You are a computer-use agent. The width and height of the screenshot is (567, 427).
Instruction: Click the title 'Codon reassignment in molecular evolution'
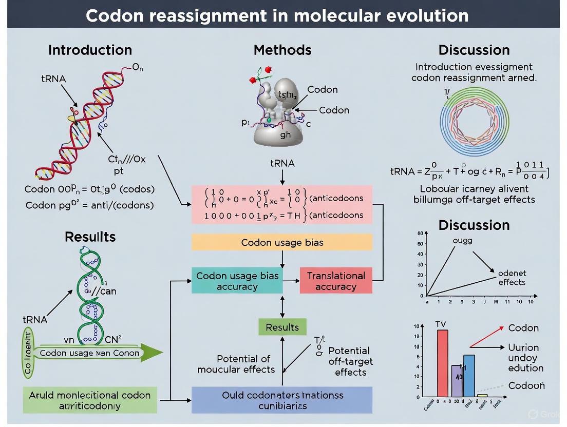coord(277,15)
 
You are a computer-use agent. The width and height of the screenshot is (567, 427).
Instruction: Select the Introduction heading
coord(90,50)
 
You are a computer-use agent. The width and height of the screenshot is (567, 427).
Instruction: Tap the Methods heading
coord(282,50)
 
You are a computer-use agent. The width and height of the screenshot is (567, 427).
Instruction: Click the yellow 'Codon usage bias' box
coord(282,242)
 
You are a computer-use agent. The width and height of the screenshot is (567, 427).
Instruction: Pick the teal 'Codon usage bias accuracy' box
coord(237,281)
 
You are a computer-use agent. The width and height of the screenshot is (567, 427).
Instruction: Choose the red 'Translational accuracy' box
coord(336,281)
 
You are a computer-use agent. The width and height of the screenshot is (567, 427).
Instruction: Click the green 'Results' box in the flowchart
coord(282,327)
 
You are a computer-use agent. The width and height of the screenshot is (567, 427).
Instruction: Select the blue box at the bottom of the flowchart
coord(282,400)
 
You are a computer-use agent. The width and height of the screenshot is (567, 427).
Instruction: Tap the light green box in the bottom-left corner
coord(90,400)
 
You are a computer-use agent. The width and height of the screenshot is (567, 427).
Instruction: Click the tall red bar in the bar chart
coord(443,363)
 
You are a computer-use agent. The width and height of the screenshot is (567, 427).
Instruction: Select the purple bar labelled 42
coord(457,380)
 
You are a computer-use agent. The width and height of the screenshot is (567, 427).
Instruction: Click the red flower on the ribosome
coord(253,80)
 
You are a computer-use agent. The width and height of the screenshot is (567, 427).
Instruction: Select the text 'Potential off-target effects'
coord(350,361)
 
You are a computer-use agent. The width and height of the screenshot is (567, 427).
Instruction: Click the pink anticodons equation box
coord(282,205)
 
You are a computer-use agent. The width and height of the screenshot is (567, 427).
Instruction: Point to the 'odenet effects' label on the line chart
coord(512,278)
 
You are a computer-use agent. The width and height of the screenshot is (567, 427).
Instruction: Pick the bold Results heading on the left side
coord(90,237)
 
